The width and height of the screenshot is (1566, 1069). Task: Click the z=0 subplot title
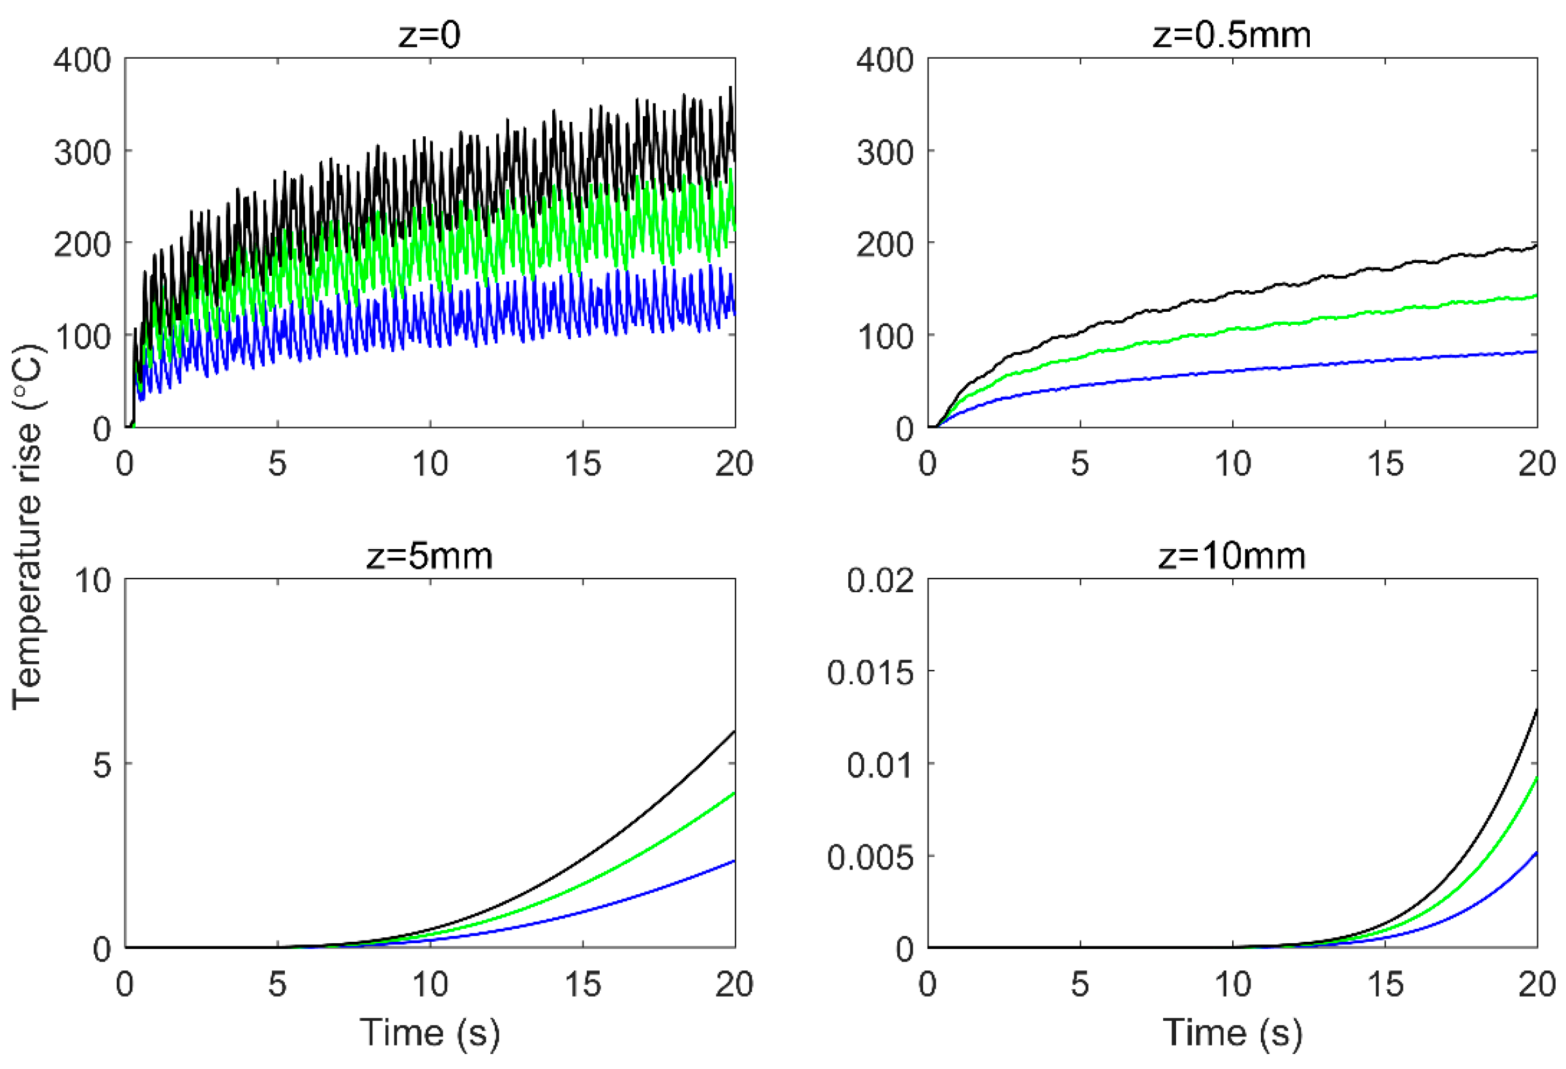coord(429,35)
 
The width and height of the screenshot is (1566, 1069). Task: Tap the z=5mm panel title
coord(429,557)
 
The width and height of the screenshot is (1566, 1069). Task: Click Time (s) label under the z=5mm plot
coord(429,1032)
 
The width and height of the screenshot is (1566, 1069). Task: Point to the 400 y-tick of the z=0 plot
coord(82,60)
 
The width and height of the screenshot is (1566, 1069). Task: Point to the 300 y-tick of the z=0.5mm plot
coord(885,153)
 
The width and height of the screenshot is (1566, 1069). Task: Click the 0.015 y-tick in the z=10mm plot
coord(870,672)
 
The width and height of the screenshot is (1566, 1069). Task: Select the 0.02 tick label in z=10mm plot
coord(879,581)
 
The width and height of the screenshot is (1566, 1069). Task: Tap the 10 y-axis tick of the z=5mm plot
coord(93,581)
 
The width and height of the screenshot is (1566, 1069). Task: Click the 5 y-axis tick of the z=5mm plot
coord(102,765)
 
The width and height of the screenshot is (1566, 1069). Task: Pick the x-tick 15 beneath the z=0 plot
coord(582,464)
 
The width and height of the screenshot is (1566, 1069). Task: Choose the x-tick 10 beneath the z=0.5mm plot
coord(1232,464)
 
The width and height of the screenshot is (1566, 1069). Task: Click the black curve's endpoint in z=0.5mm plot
coord(1537,245)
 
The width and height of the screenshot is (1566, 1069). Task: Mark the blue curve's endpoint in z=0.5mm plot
coord(1537,352)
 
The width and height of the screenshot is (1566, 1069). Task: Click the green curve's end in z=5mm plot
coord(734,793)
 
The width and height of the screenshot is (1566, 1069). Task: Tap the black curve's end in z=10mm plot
coord(1537,709)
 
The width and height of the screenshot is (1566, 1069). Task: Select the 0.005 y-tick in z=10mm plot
coord(870,858)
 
